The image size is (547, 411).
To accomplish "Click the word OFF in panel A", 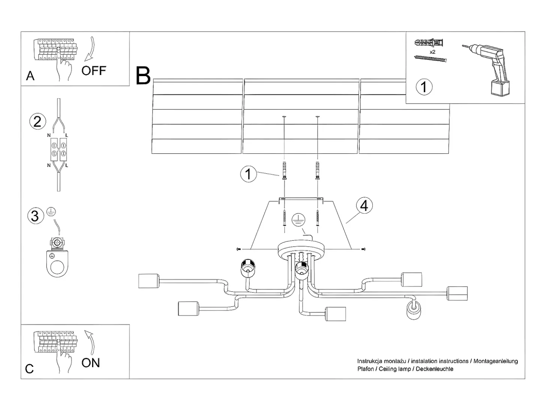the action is [94, 70].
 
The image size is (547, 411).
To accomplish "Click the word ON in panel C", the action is [91, 363].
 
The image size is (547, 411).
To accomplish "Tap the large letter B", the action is [143, 75].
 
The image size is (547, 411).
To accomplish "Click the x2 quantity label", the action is [432, 52].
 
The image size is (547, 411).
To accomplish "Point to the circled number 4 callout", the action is [364, 206].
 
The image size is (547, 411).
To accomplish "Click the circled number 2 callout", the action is [37, 121].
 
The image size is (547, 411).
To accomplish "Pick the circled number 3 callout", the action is [36, 216].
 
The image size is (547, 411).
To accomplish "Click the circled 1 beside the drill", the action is [424, 87].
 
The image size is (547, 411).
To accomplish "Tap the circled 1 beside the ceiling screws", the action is [248, 174].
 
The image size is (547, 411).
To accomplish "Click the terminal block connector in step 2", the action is [58, 149].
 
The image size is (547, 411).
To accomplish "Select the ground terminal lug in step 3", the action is [57, 256].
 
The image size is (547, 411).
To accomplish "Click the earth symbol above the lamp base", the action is [299, 220].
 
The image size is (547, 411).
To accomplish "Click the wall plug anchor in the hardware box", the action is [429, 43].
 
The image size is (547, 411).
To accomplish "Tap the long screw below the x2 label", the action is [430, 59].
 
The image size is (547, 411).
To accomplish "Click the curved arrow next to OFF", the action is [90, 49].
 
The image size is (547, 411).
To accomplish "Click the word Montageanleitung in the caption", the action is [495, 361].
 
